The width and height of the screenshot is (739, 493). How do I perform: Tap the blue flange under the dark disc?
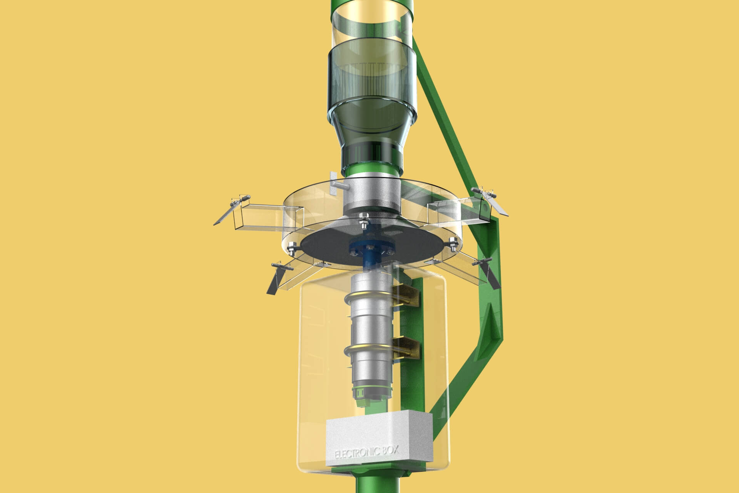tap(369, 250)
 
